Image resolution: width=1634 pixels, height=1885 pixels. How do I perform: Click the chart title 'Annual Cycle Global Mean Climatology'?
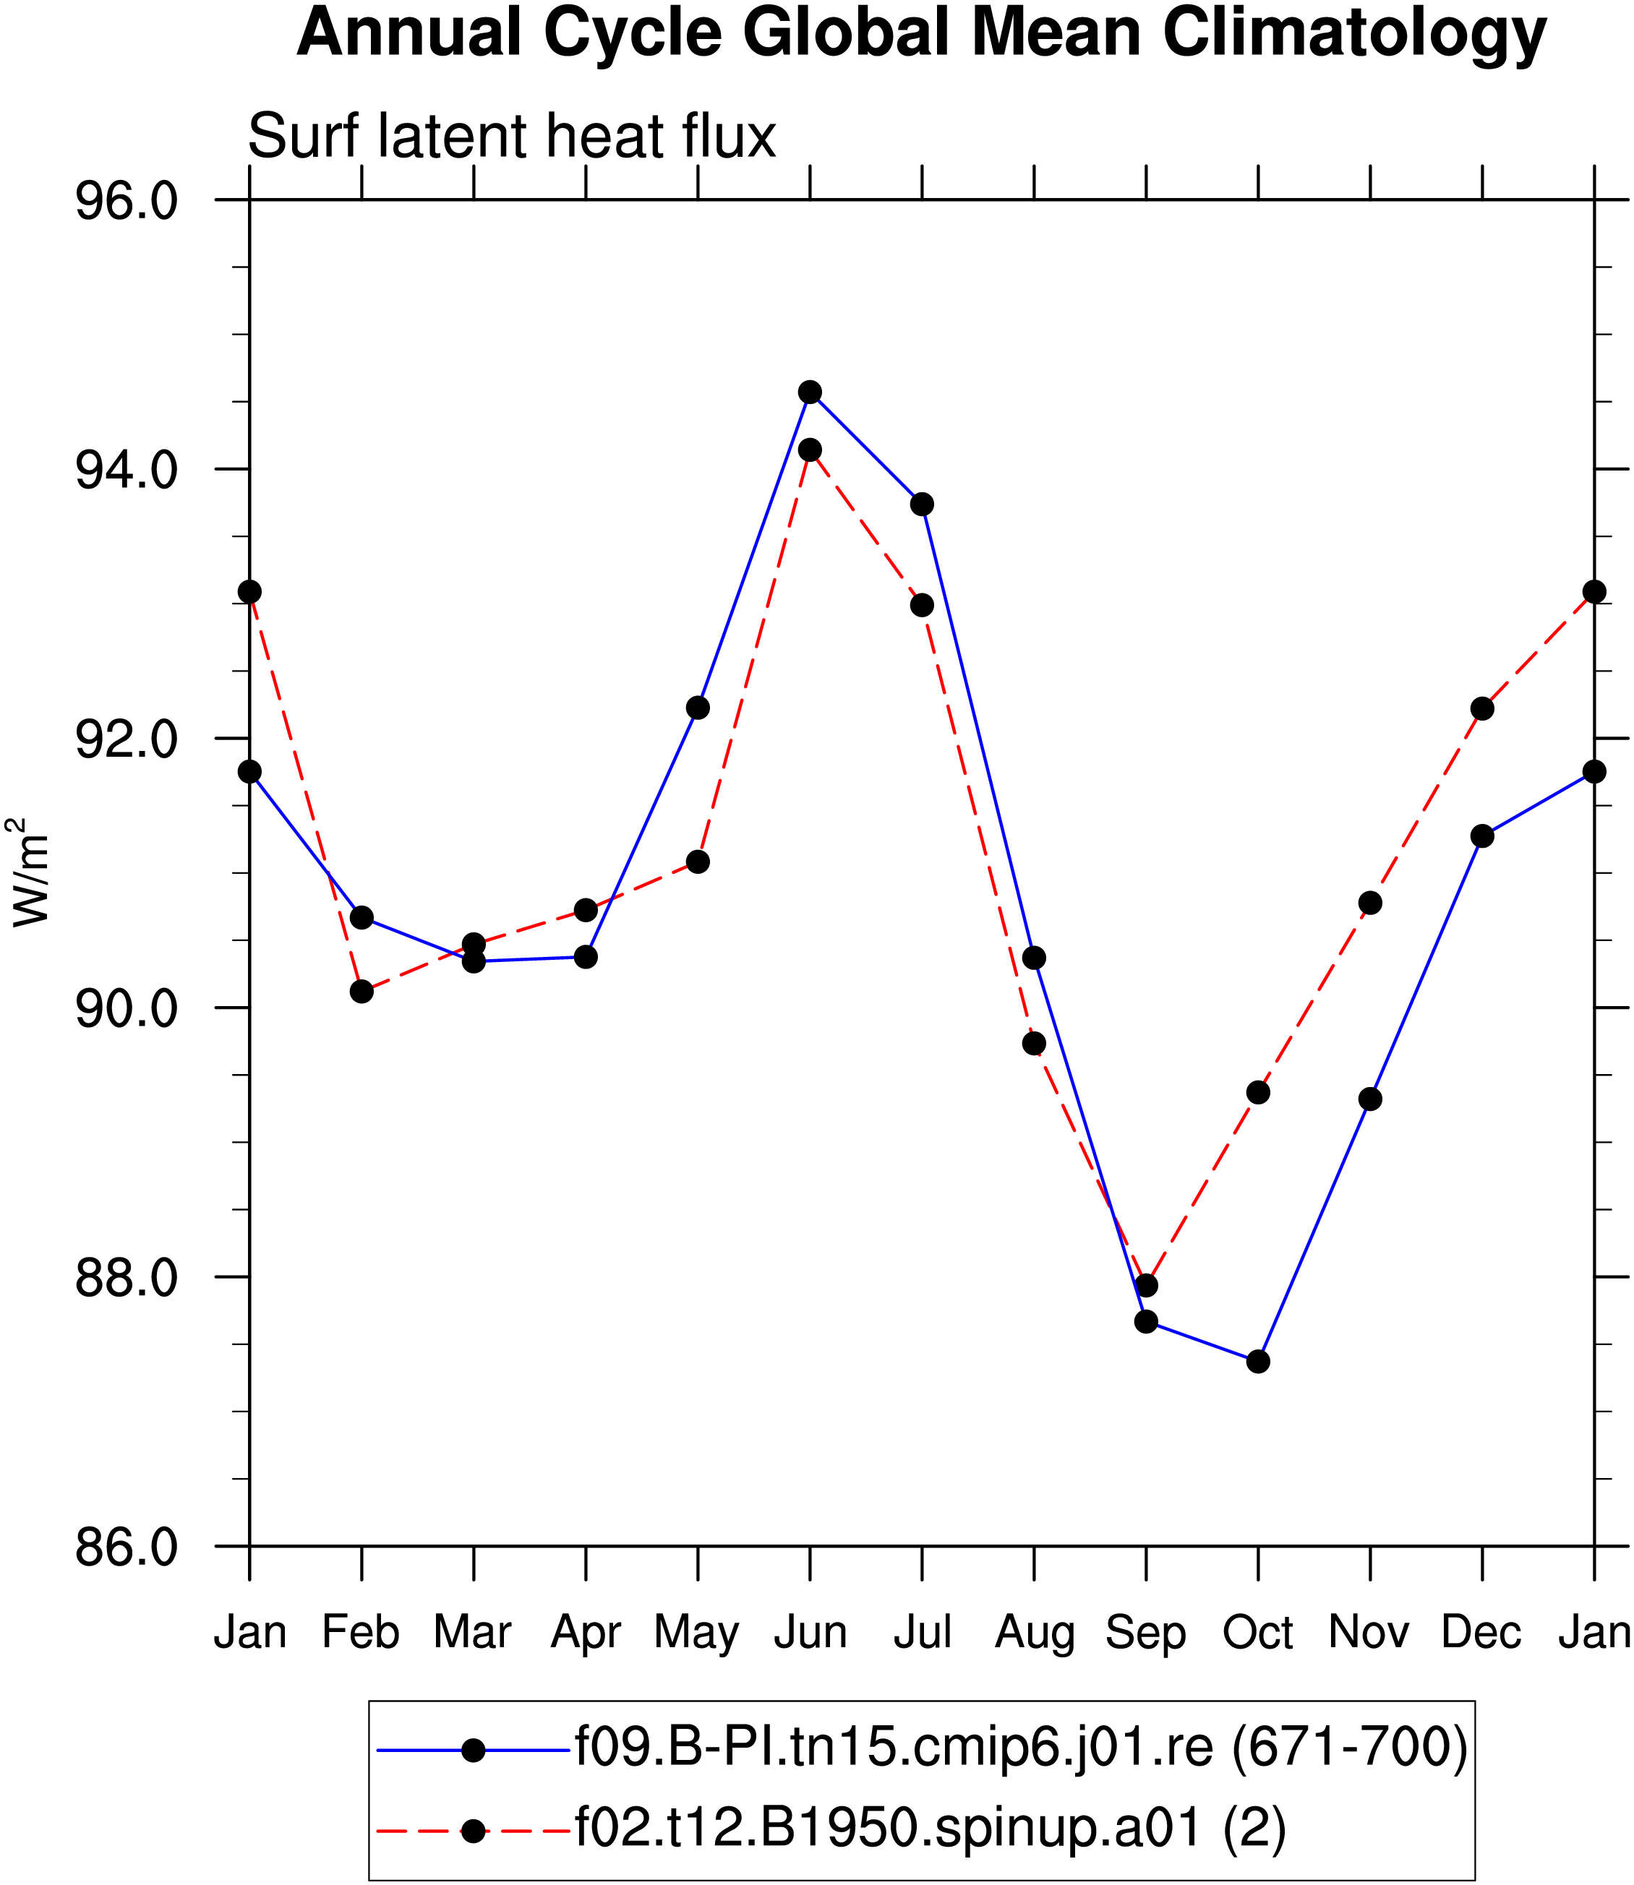[921, 35]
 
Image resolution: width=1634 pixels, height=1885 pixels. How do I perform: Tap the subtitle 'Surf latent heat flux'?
[512, 136]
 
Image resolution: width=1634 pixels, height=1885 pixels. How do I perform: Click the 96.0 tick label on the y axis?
[126, 200]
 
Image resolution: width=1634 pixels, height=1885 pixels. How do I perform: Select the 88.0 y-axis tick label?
[126, 1277]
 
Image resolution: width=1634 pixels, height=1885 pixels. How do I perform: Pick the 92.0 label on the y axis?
[126, 739]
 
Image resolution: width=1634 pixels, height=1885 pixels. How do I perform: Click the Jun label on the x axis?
[810, 1631]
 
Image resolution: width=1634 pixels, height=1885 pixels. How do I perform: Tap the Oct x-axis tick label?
[1257, 1631]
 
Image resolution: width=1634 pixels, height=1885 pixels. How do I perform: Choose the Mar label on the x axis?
[472, 1631]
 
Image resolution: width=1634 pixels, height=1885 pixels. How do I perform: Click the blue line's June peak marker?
[810, 392]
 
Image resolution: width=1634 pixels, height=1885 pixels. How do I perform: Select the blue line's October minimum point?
[1258, 1362]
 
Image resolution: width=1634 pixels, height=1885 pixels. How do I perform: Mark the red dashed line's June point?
[810, 450]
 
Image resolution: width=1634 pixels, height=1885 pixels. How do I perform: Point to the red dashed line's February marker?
[362, 992]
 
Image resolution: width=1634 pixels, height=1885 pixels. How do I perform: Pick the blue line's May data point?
[698, 708]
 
